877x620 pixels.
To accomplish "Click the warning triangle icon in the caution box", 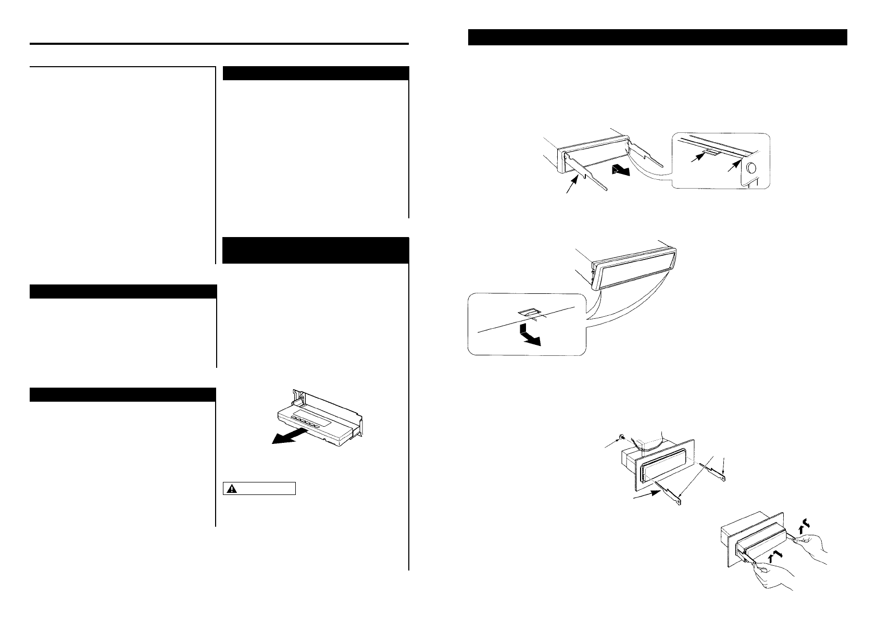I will pyautogui.click(x=231, y=489).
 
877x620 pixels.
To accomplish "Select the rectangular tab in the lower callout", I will pyautogui.click(x=527, y=314).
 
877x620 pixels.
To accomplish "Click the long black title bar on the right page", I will pyautogui.click(x=657, y=38).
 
